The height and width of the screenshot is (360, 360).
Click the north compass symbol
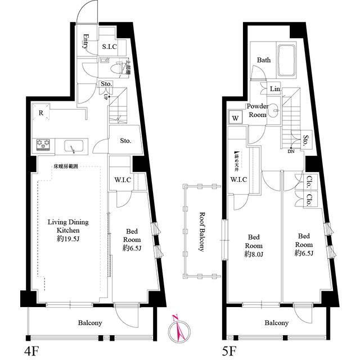click(x=179, y=328)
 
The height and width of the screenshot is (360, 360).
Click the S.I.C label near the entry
click(x=109, y=47)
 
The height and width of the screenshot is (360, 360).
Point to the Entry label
click(x=86, y=42)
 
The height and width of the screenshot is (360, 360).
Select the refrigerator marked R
click(x=42, y=112)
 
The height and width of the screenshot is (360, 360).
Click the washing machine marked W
click(x=233, y=119)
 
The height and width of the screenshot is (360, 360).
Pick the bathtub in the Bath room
click(x=287, y=61)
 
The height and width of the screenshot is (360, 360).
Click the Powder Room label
click(x=258, y=111)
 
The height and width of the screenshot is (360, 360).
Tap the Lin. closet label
click(x=275, y=89)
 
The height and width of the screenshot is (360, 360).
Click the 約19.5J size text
click(x=68, y=239)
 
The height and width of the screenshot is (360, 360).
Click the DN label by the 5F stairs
click(x=291, y=151)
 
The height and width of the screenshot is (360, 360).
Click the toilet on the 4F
click(x=116, y=69)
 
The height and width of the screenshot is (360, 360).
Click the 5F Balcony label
click(x=276, y=323)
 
